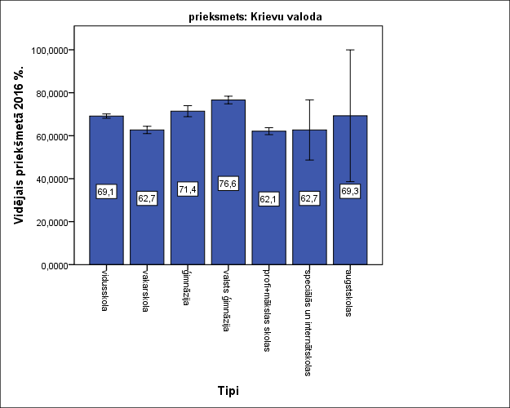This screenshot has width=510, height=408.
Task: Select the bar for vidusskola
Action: coord(106,220)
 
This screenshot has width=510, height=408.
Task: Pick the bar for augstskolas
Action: coord(350,228)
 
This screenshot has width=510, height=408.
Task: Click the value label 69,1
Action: coord(106,192)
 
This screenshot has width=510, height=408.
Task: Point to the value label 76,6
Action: coord(228,184)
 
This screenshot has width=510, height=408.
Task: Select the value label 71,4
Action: coord(188,189)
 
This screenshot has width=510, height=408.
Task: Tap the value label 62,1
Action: coord(269,199)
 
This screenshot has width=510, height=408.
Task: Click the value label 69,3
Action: coord(350,192)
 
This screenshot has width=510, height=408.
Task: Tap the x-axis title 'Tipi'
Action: coord(228,391)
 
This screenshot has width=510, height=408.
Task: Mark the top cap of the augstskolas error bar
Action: coord(350,50)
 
